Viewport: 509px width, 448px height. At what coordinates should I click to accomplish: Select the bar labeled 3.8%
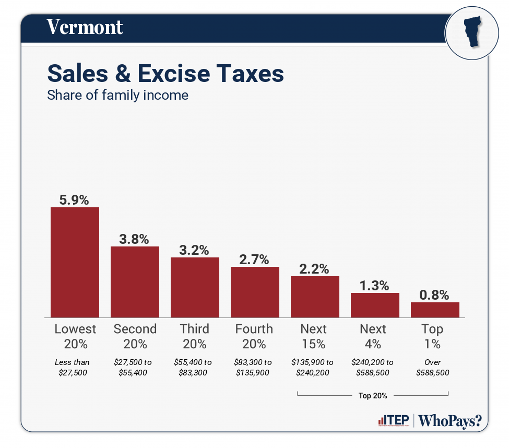(135, 282)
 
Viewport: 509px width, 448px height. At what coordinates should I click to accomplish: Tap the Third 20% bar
(195, 287)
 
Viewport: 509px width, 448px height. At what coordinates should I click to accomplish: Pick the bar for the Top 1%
(435, 310)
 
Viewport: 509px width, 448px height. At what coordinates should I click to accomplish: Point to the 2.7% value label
(255, 259)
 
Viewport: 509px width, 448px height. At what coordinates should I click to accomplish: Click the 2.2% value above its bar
(314, 269)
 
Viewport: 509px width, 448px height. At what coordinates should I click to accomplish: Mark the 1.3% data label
(374, 286)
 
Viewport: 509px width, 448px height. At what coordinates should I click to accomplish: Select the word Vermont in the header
(85, 27)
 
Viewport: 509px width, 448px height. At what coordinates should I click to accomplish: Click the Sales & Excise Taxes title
(165, 73)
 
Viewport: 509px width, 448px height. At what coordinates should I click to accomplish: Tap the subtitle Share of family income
(117, 96)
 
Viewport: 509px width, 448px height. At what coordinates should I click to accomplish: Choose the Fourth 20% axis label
(254, 336)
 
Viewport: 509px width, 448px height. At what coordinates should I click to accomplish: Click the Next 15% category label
(314, 336)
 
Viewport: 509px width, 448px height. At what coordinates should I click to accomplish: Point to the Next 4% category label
(373, 336)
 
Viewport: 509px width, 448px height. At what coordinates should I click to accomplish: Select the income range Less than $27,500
(73, 367)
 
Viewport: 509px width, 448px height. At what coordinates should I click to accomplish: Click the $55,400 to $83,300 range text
(193, 367)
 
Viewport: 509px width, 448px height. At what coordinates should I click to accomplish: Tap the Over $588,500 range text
(433, 367)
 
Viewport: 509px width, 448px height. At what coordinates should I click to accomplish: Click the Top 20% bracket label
(373, 395)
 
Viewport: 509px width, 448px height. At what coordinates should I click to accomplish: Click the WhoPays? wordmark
(450, 421)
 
